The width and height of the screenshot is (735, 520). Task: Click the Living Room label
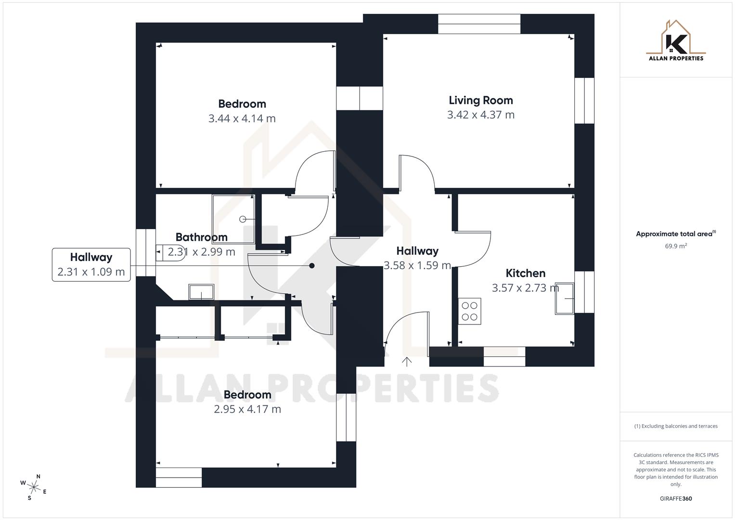[x=480, y=100]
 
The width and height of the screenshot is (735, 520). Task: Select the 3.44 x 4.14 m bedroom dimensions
[x=242, y=118]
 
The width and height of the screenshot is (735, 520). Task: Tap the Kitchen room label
[x=525, y=273]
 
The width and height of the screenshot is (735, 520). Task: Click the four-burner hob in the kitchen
[x=469, y=311]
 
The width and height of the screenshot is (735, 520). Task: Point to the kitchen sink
[x=565, y=299]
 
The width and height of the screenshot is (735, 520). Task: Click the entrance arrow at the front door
[x=407, y=362]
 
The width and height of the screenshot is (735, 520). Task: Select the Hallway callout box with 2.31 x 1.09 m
[x=91, y=264]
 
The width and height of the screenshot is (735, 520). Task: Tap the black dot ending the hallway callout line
[x=312, y=266]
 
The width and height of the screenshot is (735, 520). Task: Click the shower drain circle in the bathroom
[x=243, y=220]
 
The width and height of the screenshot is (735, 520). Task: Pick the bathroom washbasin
[x=201, y=292]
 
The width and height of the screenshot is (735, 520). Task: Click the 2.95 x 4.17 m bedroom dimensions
[x=247, y=409]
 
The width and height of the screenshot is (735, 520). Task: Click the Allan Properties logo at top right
[x=676, y=41]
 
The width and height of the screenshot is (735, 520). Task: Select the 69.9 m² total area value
[x=676, y=246]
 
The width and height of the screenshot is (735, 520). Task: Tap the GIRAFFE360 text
[x=676, y=498]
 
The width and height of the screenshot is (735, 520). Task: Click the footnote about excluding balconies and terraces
[x=676, y=426]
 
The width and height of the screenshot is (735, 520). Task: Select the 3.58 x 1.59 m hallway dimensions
[x=417, y=265]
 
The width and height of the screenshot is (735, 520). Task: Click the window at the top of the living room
[x=479, y=24]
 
